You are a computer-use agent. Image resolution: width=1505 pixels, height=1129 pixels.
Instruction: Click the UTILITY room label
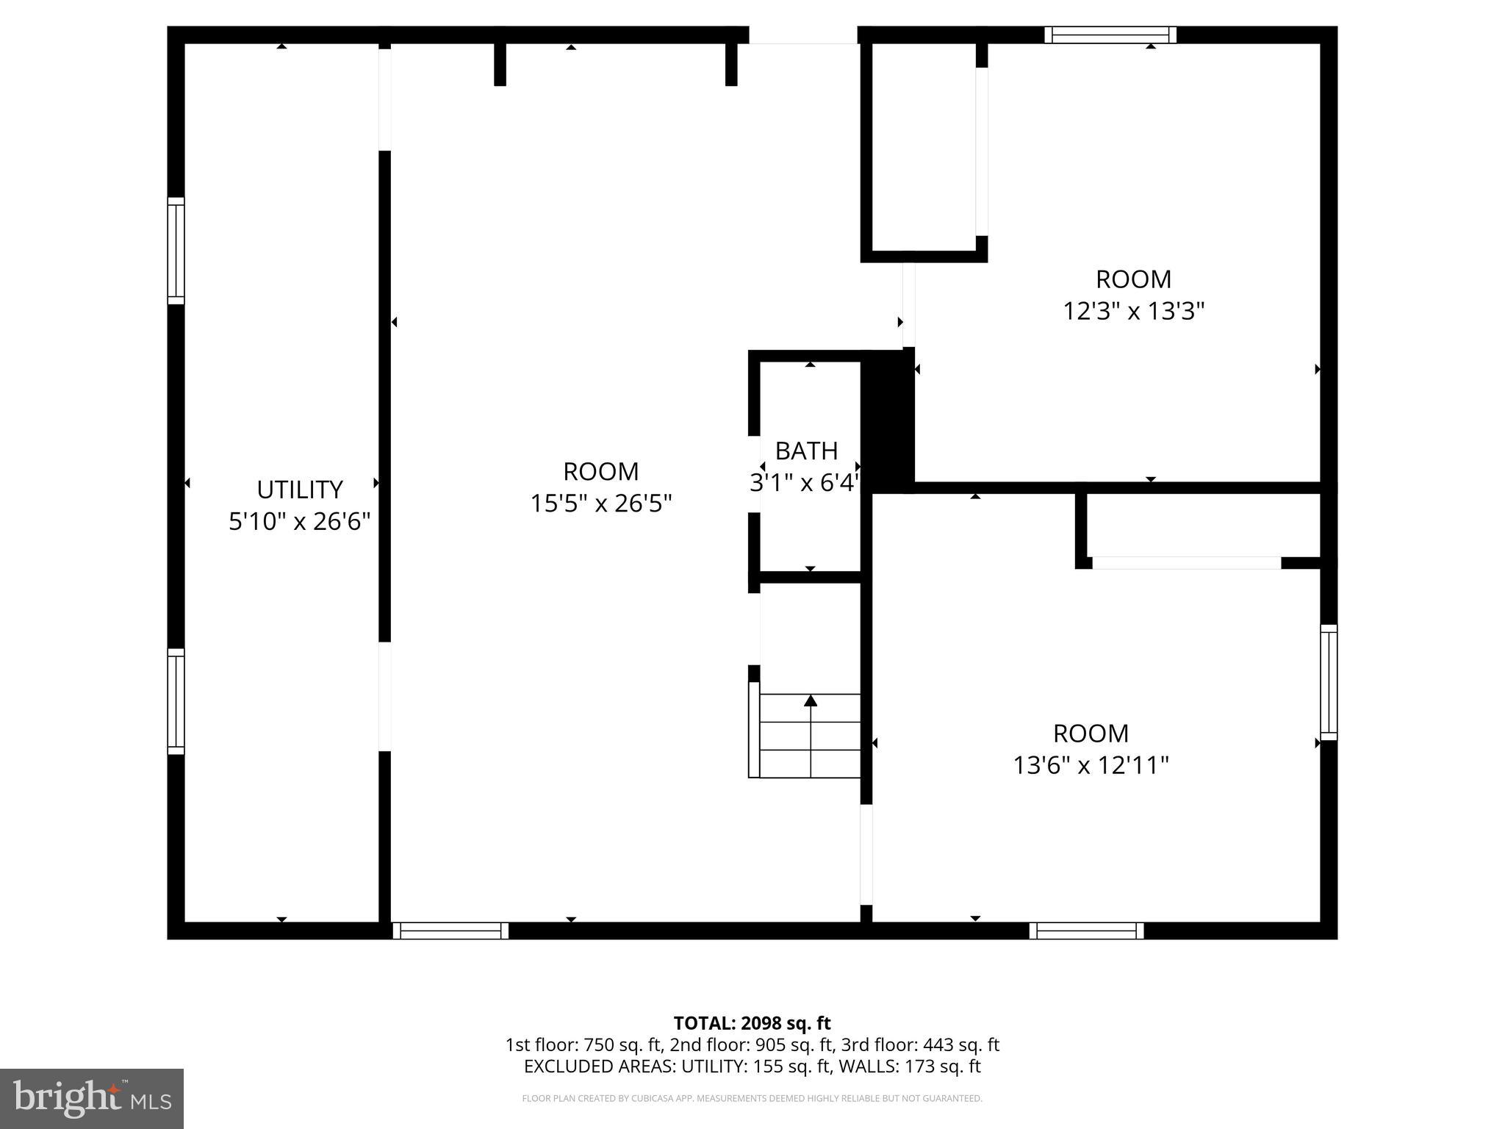tap(299, 490)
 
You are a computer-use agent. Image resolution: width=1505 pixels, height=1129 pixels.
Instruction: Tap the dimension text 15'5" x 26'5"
tap(601, 503)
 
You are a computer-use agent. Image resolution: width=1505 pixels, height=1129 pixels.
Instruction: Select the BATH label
tap(806, 451)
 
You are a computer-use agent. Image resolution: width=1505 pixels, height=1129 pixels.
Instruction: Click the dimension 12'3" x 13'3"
tap(1133, 312)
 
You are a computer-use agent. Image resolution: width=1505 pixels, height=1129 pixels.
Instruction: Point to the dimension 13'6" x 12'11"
tap(1091, 766)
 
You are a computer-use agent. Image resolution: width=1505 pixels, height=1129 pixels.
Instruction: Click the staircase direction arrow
tap(811, 701)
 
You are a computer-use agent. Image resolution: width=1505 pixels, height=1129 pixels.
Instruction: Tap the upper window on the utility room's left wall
tap(176, 251)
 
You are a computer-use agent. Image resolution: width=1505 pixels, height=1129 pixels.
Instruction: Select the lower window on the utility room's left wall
tap(176, 701)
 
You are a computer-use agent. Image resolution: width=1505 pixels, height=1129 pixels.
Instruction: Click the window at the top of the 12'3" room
tap(1110, 35)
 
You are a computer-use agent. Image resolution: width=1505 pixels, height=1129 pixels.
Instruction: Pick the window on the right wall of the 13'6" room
tap(1329, 682)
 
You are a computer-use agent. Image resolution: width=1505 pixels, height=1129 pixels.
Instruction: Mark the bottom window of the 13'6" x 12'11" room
tap(1086, 931)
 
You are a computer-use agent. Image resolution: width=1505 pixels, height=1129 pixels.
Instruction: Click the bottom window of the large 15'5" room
tap(450, 931)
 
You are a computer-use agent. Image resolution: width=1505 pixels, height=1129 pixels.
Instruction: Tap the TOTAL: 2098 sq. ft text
tap(752, 1023)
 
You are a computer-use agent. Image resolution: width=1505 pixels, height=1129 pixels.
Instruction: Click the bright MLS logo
tap(92, 1099)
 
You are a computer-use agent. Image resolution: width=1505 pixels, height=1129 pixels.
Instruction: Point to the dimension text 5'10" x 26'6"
tap(299, 522)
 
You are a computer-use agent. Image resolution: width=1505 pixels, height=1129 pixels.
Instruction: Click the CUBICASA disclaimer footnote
tap(752, 1099)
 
